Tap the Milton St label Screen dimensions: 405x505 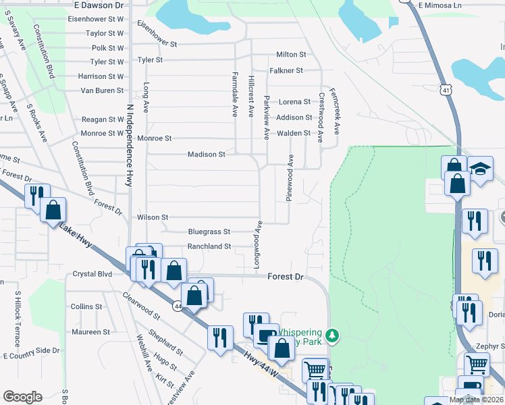tap(291, 55)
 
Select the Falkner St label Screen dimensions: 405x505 tap(287, 70)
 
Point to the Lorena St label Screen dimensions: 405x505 tap(294, 102)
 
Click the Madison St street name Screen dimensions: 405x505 tap(206, 155)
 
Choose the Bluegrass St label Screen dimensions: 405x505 tap(209, 232)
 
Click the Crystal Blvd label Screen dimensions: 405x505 tap(92, 275)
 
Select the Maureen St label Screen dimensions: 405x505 tap(90, 332)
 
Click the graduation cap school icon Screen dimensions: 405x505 tap(480, 168)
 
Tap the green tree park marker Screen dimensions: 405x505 tap(331, 334)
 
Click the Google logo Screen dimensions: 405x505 tap(22, 397)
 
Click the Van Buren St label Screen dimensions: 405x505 tap(102, 90)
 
